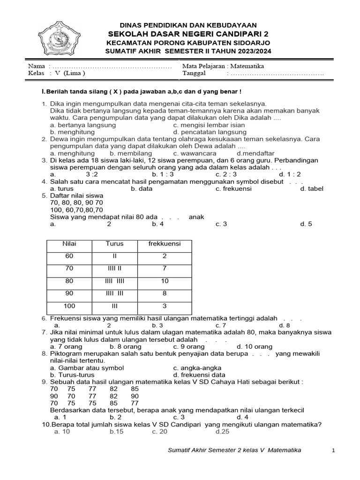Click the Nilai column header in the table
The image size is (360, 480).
(69, 244)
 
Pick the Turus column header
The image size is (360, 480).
(114, 244)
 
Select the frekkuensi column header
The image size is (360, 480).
(164, 244)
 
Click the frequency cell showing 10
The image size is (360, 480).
(164, 281)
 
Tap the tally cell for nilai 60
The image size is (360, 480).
(114, 256)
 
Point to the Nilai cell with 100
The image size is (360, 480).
(69, 306)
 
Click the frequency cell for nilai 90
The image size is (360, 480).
(164, 293)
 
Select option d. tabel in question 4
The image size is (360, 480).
(312, 188)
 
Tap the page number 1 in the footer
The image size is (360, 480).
(333, 450)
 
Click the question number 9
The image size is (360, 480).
(45, 382)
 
